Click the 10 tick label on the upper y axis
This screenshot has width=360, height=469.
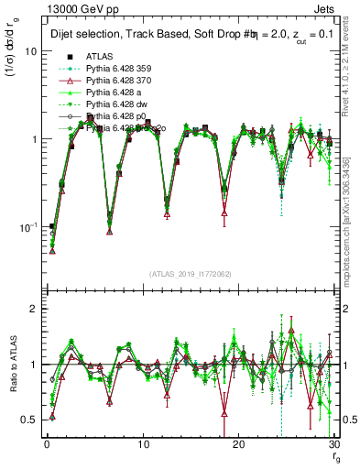[x=30, y=52]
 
